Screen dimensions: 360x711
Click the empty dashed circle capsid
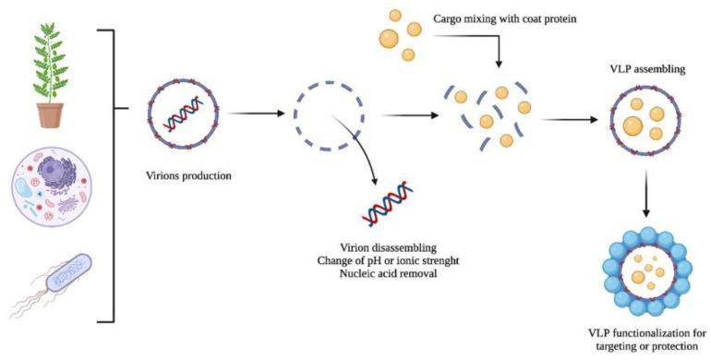coord(324,115)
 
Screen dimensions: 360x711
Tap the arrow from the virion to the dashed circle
coord(253,115)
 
